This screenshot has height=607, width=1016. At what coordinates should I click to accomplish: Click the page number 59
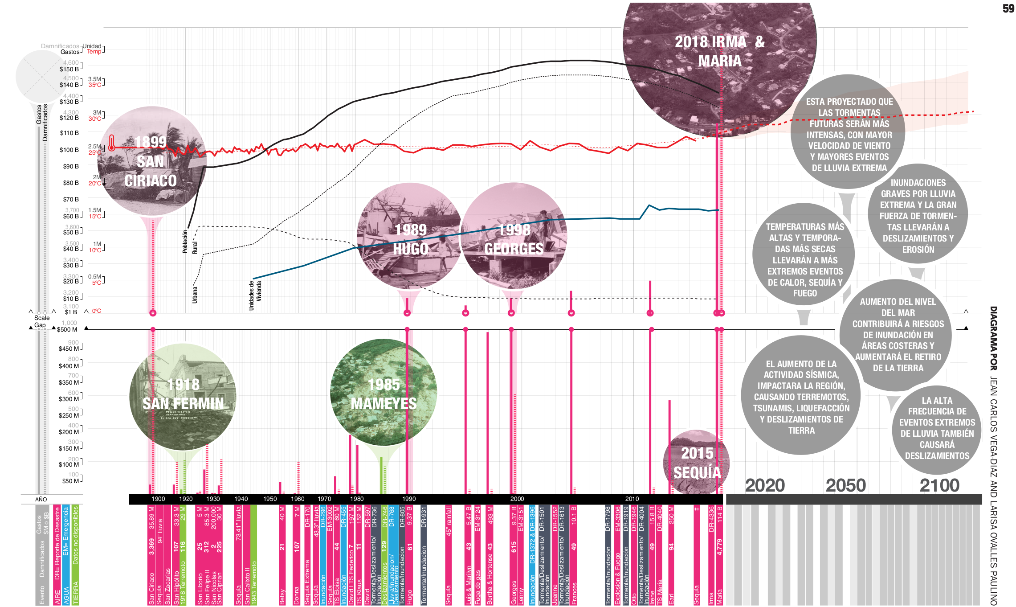click(1008, 9)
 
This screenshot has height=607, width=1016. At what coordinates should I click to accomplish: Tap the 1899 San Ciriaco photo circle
click(151, 161)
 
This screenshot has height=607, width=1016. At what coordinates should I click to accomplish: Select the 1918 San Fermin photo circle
click(183, 394)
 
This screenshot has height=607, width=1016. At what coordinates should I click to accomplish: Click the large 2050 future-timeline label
click(845, 485)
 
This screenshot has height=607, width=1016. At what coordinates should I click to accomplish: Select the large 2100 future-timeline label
click(939, 485)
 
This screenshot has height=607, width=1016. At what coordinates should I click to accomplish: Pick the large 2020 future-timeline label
click(765, 485)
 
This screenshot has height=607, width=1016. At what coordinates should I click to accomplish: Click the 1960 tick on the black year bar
click(298, 499)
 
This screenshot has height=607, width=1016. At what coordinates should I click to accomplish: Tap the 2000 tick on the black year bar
click(517, 499)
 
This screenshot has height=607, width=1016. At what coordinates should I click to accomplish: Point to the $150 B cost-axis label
click(69, 69)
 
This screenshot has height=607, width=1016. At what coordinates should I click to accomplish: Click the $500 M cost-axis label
click(67, 330)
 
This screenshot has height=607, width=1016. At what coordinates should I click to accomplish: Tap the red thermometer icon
click(111, 143)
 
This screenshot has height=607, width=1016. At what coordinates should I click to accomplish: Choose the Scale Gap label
click(42, 321)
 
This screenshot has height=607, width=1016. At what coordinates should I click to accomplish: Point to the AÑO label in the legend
click(41, 500)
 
